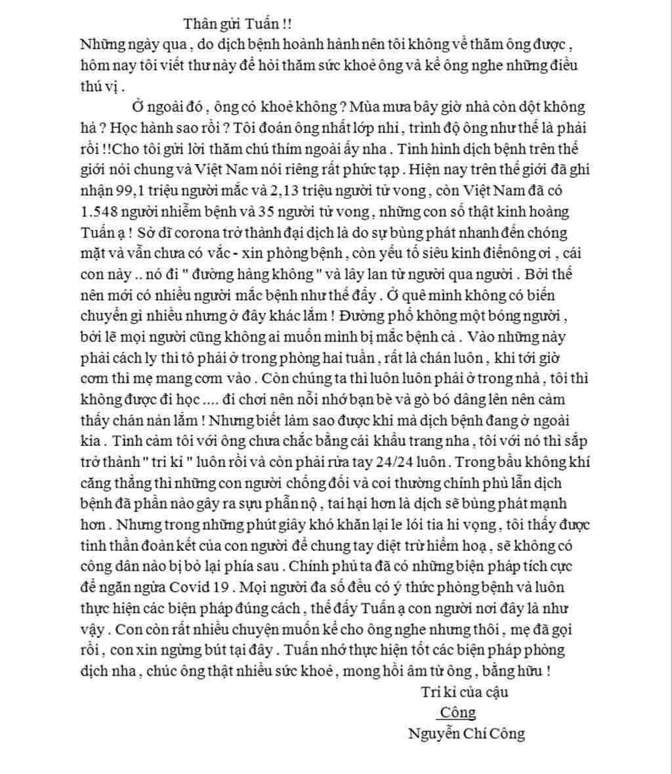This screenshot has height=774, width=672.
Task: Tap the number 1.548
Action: click(x=97, y=213)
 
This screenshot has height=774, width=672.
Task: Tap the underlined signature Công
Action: click(x=457, y=712)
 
